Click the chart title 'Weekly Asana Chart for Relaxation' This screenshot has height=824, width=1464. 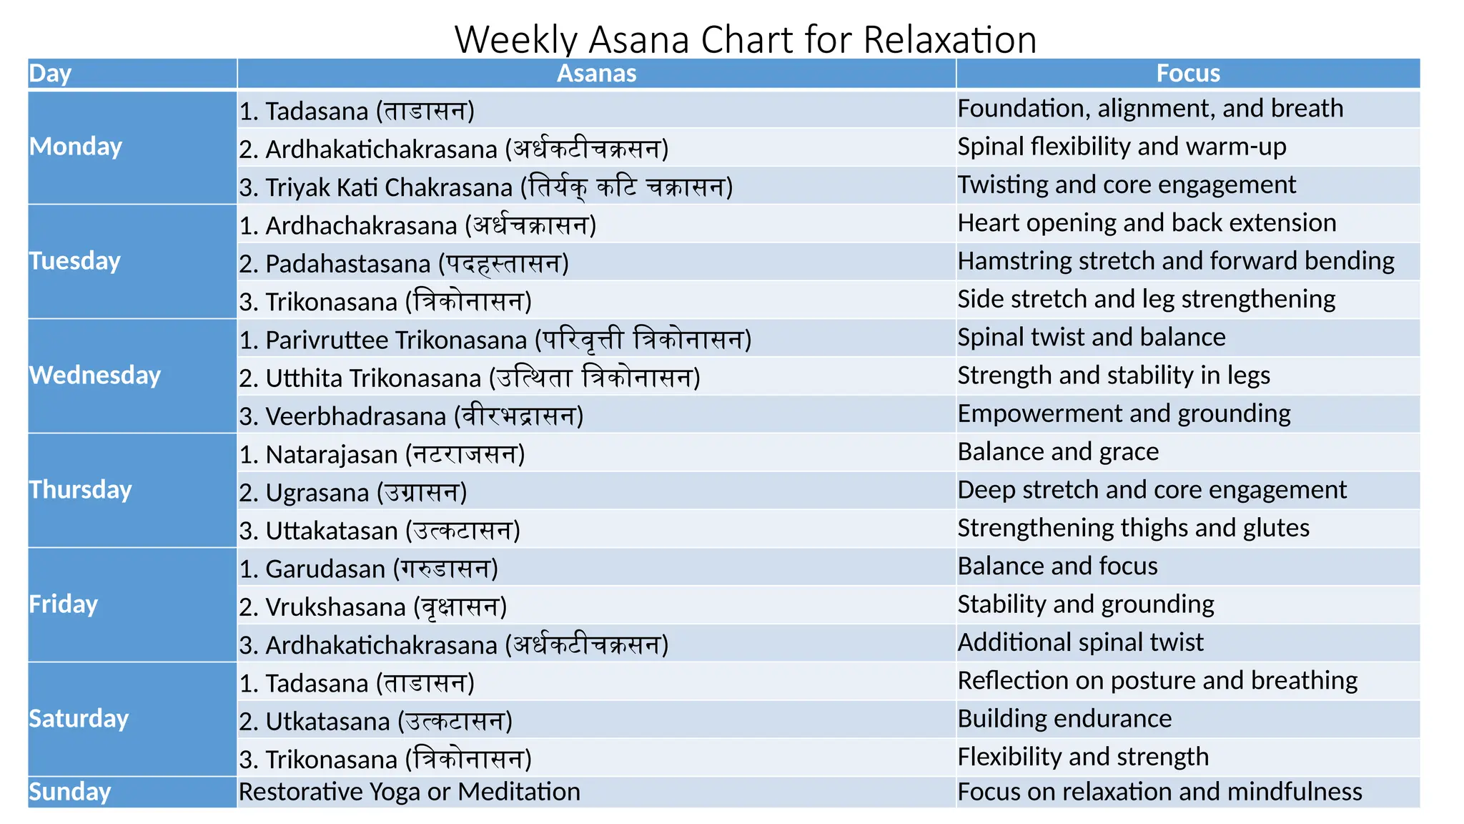tap(745, 39)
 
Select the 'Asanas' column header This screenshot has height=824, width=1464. tap(596, 74)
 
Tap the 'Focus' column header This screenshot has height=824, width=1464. tap(1188, 74)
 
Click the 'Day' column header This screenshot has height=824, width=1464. tap(50, 74)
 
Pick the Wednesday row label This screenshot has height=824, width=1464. tap(95, 376)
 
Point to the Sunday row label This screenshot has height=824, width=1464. tap(70, 792)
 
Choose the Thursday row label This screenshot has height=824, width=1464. tap(81, 490)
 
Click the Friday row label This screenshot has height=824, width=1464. tap(64, 604)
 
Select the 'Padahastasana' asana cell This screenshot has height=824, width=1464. tap(404, 263)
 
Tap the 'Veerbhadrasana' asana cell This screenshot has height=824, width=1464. tap(411, 416)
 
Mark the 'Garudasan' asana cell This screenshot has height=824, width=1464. tap(368, 569)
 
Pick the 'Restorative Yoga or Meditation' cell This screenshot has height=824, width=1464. tap(410, 792)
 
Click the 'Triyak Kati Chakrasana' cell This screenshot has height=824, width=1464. tap(486, 187)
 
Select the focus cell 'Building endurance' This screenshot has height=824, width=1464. tap(1064, 718)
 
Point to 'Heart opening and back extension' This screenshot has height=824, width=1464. tap(1147, 222)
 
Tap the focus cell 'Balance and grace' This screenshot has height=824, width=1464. tap(1058, 451)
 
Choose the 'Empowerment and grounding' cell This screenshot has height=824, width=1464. tap(1124, 413)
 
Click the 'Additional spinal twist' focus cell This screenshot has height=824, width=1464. tap(1080, 642)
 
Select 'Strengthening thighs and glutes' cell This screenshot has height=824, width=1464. tap(1133, 528)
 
